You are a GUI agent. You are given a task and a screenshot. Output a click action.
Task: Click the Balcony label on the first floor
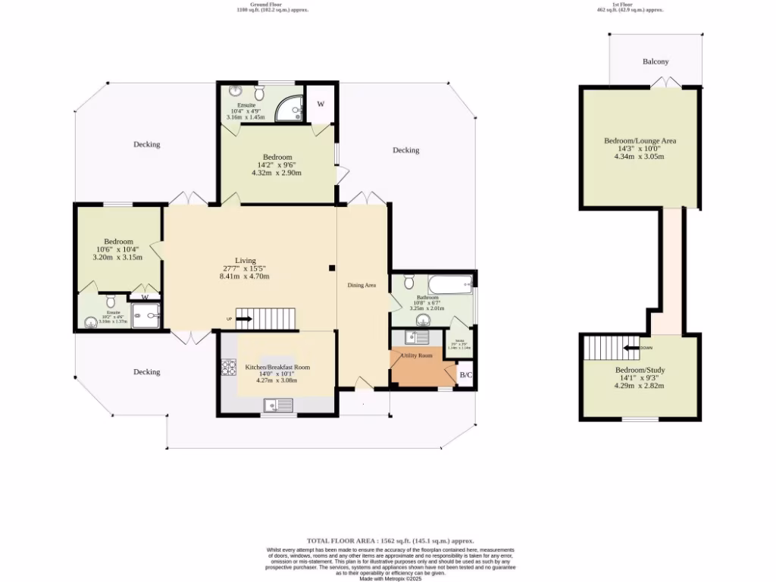(x=656, y=61)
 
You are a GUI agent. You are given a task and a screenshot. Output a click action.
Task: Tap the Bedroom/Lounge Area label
(x=640, y=141)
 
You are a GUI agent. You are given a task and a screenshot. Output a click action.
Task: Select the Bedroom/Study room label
(x=640, y=371)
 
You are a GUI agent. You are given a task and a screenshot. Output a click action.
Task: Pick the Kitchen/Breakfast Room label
(x=277, y=368)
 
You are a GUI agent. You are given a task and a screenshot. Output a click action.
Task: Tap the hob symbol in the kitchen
(x=228, y=368)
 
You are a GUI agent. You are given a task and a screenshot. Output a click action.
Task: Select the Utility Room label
(x=417, y=355)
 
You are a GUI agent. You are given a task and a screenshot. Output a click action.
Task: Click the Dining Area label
(x=361, y=285)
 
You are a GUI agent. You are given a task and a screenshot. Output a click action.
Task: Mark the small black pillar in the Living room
(x=331, y=268)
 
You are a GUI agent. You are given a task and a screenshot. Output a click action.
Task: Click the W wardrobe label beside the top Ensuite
(x=321, y=104)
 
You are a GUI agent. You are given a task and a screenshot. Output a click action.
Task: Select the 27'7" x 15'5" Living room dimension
(x=244, y=268)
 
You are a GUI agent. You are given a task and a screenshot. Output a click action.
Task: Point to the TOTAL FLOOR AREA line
(x=390, y=540)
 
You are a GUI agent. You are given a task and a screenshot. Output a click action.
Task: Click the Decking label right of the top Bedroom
(x=405, y=150)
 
